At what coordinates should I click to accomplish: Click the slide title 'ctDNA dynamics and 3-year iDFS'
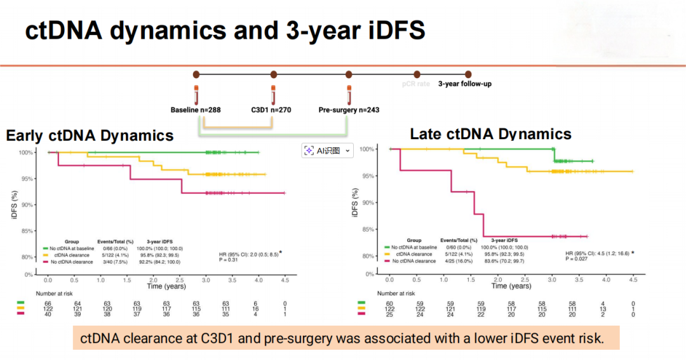(225, 30)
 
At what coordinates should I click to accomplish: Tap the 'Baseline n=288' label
(196, 110)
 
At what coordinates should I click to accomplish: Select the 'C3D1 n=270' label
(271, 110)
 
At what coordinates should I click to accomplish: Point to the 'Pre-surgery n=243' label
(349, 110)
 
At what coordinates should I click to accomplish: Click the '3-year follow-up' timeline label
(464, 83)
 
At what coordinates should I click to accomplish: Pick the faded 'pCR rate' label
(416, 83)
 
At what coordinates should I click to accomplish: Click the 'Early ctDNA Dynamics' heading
(90, 135)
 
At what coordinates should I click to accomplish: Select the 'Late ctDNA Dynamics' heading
(490, 134)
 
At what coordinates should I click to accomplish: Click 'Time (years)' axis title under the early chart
(167, 286)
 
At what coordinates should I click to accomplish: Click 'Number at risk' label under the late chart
(396, 293)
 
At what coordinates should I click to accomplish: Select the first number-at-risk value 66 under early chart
(48, 304)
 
